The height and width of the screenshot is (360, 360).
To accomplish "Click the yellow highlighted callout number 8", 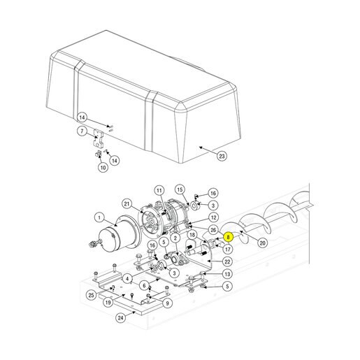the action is point(228,237).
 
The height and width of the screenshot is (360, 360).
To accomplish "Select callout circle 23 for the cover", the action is point(222,156).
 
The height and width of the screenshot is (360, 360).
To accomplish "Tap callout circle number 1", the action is point(99,217).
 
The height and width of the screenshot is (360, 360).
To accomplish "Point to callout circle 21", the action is point(127,204).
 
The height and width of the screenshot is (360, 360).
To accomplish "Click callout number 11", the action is point(159,191).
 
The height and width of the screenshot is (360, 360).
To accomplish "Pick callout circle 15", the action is point(180,189).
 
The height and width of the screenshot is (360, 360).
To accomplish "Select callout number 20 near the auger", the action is point(262,243).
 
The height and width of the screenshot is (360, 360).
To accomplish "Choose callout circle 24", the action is point(121,318).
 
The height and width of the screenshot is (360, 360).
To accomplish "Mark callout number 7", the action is point(82,131).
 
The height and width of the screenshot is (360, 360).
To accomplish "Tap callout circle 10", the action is point(103,167).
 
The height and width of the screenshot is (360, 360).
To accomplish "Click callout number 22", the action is point(227,261).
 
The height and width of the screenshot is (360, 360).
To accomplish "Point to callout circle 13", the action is point(227,274).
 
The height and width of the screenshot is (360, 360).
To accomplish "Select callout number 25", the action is point(91,295).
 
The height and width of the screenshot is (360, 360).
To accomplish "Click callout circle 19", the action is point(108,303).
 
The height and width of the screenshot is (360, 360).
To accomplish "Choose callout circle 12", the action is point(213,217).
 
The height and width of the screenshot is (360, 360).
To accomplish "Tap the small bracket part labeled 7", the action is point(98,138).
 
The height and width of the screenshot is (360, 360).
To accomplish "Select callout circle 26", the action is point(213,230).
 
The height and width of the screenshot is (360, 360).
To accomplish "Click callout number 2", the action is point(175,238).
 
